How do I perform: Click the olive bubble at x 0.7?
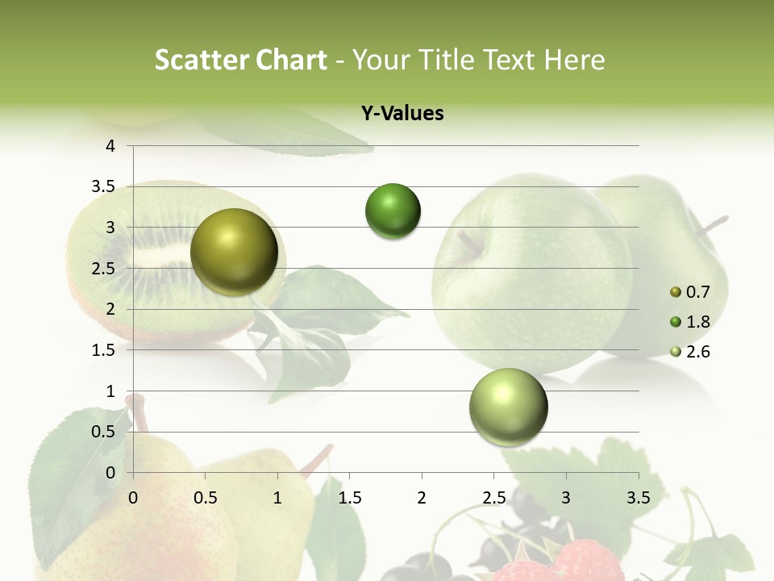pyautogui.click(x=234, y=252)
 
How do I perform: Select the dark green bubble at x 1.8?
pyautogui.click(x=393, y=211)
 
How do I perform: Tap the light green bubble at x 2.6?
pyautogui.click(x=508, y=407)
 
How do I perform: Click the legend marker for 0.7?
pyautogui.click(x=676, y=291)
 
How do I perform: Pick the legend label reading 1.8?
pyautogui.click(x=697, y=322)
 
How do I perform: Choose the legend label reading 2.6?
pyautogui.click(x=697, y=352)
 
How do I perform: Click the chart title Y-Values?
pyautogui.click(x=402, y=114)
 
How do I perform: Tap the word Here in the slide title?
pyautogui.click(x=573, y=60)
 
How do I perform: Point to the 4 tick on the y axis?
pyautogui.click(x=110, y=146)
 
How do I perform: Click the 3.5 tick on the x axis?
pyautogui.click(x=639, y=497)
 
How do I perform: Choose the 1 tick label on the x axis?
pyautogui.click(x=277, y=497)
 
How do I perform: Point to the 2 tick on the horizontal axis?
pyautogui.click(x=422, y=497)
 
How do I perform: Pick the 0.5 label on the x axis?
pyautogui.click(x=206, y=497)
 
